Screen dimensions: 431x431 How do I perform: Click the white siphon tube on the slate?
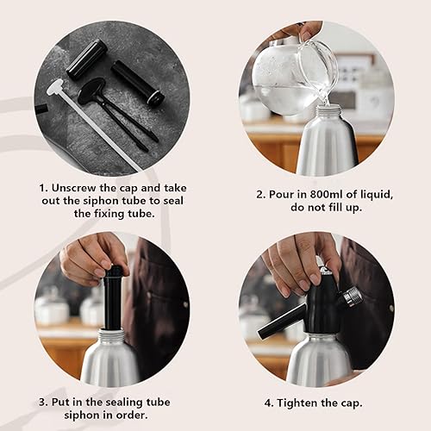click(86, 112)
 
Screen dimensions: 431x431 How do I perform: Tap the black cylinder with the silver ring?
click(139, 83)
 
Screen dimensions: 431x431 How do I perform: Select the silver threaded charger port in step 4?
click(351, 297)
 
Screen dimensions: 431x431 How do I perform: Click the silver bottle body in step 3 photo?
click(110, 362)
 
